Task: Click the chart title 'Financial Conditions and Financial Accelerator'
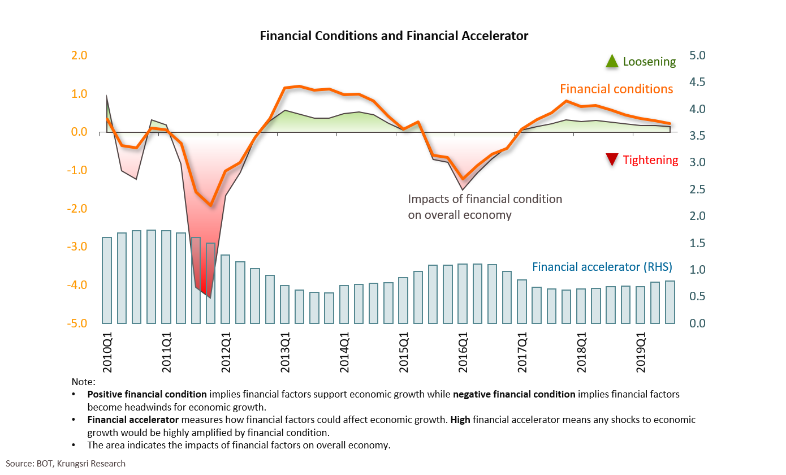click(x=394, y=36)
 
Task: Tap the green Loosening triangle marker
click(x=612, y=61)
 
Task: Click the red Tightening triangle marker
click(x=612, y=160)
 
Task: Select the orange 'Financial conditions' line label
click(x=616, y=89)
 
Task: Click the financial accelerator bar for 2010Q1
click(x=107, y=280)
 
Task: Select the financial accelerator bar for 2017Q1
click(x=521, y=301)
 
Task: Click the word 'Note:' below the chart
click(x=84, y=382)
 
